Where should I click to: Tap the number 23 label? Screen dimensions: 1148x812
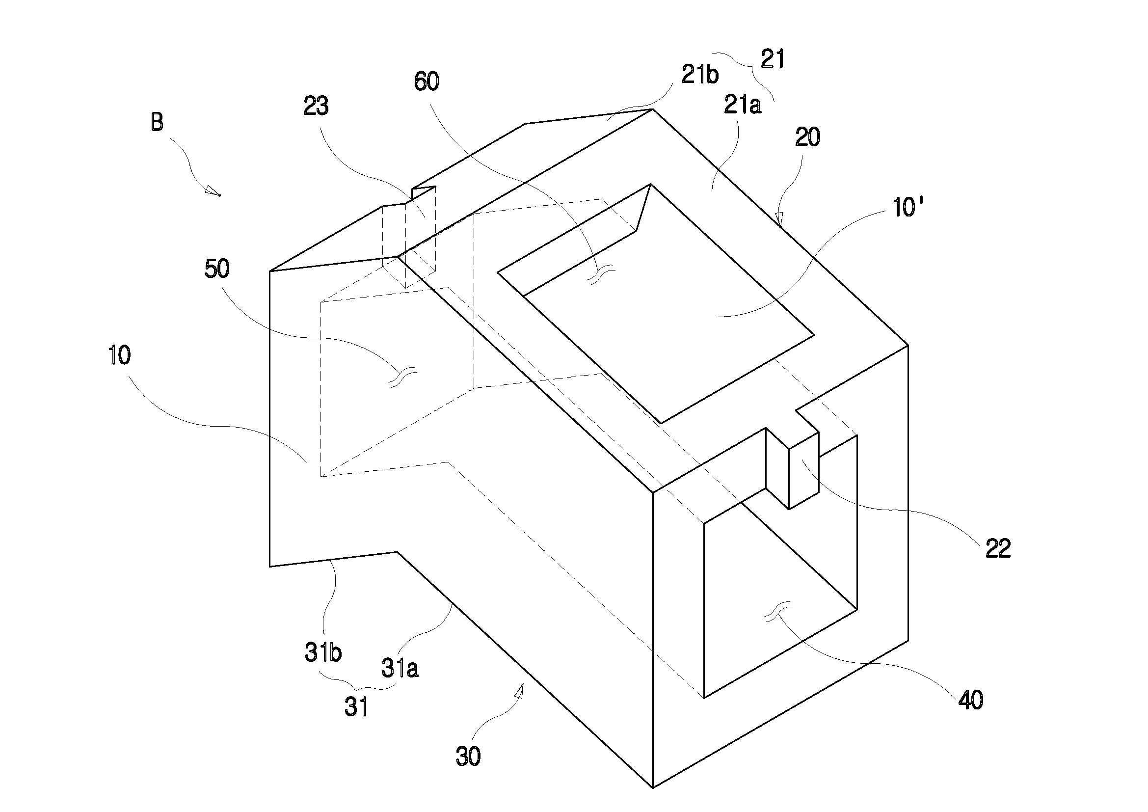click(x=316, y=106)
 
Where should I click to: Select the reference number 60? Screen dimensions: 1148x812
click(x=427, y=81)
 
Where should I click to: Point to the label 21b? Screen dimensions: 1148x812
click(x=700, y=75)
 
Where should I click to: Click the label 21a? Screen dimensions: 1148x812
click(x=743, y=106)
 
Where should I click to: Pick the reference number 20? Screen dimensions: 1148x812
click(x=807, y=137)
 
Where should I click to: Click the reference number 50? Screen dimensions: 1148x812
click(x=217, y=269)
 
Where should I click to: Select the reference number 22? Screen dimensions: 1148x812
click(x=998, y=548)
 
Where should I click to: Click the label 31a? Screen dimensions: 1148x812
click(x=400, y=668)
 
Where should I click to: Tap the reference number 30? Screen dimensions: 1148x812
click(x=468, y=757)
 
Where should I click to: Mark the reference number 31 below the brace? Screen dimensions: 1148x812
click(x=356, y=707)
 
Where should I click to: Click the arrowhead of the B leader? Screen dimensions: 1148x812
click(x=214, y=191)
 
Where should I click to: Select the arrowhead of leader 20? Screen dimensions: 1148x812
click(x=779, y=217)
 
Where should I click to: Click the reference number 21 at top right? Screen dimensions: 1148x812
click(x=773, y=59)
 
